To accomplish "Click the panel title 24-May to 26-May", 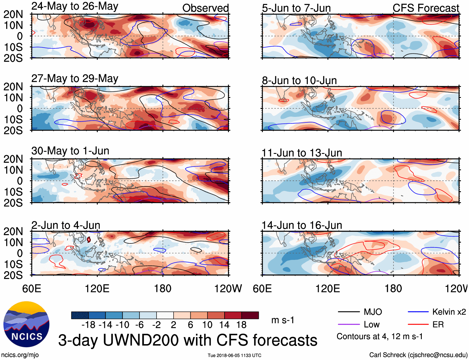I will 75,6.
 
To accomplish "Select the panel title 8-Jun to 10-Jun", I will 299,81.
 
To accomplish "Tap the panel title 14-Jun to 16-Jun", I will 302,225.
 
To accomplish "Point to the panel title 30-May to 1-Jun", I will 70,151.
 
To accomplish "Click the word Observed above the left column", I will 205,8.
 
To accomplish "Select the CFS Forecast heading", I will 426,8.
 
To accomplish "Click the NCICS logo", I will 26,324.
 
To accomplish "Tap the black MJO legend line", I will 348,312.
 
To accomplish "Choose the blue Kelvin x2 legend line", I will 418,312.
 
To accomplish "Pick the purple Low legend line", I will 348,325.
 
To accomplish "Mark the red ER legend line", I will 418,325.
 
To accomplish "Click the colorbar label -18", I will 89,325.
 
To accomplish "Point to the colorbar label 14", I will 224,325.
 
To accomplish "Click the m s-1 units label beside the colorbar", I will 283,320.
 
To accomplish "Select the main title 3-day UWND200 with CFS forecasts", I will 188,340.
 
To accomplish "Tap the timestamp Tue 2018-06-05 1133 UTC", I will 234,355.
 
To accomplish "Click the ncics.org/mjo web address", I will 20,355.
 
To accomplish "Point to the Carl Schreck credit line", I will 418,355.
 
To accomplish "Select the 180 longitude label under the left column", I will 163,288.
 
